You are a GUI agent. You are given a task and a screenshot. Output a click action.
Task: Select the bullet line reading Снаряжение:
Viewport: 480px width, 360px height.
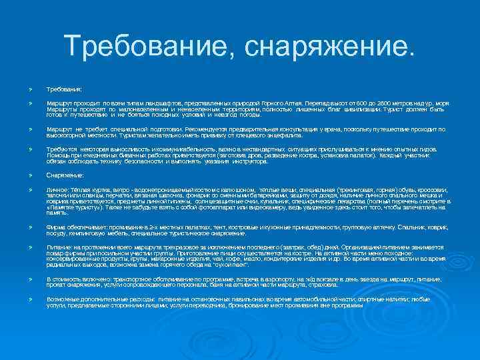click(x=65, y=175)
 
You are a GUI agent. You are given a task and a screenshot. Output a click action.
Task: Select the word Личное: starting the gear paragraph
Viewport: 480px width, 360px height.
click(x=56, y=190)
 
